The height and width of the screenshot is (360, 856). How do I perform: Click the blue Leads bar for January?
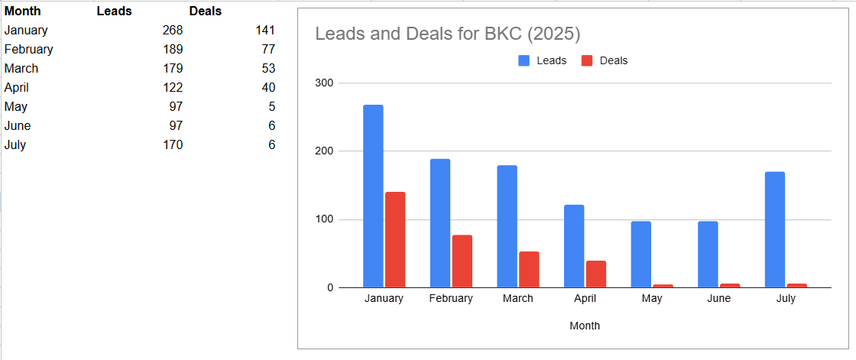tap(373, 196)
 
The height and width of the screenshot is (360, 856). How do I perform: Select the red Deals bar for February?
tap(462, 261)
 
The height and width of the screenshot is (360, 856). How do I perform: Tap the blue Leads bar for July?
tap(775, 229)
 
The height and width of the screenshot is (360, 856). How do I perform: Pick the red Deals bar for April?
tap(596, 274)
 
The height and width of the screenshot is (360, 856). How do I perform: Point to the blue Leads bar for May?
tap(641, 255)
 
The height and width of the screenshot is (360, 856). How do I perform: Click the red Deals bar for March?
tap(529, 269)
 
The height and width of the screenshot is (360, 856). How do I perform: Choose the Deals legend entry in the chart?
tap(605, 60)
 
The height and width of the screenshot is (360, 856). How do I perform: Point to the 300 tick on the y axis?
tap(324, 83)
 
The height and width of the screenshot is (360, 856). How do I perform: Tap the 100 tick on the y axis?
tap(324, 219)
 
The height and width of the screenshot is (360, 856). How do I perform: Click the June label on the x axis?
tap(718, 299)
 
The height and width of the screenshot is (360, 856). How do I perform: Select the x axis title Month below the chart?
tap(585, 326)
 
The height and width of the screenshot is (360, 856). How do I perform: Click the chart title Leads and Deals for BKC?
tap(448, 34)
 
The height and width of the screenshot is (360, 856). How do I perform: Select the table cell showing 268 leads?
tap(173, 31)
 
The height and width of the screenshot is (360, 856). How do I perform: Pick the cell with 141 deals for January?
tap(264, 31)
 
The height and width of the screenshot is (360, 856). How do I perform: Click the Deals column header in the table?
tap(206, 11)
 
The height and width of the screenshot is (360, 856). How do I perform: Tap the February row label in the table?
tap(28, 50)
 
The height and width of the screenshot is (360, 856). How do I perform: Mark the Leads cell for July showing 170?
tap(173, 145)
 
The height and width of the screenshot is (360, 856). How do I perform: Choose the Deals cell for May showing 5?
tap(272, 107)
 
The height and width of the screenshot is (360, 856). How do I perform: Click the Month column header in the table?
tap(22, 11)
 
